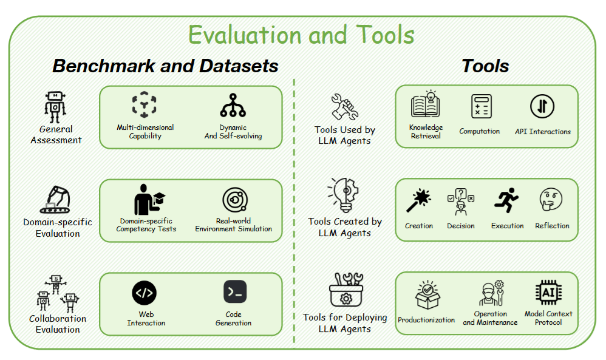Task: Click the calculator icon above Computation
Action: click(481, 106)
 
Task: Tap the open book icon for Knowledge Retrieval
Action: click(426, 104)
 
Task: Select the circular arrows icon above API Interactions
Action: click(542, 106)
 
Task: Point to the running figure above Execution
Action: click(506, 200)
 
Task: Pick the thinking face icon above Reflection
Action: click(551, 199)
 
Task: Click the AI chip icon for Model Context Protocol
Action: click(548, 293)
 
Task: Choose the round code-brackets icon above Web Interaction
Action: click(144, 293)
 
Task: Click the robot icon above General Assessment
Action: click(55, 107)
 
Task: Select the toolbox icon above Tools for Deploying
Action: click(346, 290)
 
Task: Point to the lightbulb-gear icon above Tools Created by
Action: click(344, 195)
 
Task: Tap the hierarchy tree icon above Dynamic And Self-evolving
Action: click(233, 105)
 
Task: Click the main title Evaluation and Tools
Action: click(301, 35)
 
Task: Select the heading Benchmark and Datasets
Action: click(165, 66)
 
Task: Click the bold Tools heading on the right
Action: click(485, 66)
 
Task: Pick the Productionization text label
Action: click(426, 320)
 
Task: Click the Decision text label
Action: click(461, 226)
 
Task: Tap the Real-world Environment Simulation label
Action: click(233, 225)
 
